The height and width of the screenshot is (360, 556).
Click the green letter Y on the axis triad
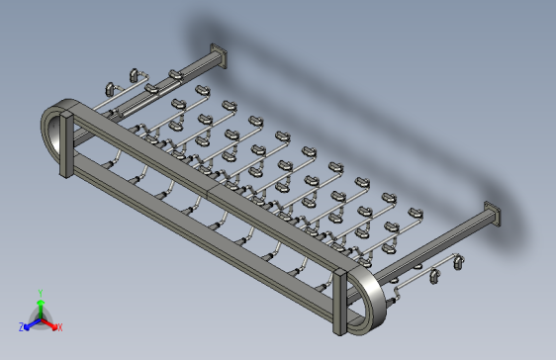click(x=41, y=293)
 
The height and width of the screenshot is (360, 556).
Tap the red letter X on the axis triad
click(x=60, y=327)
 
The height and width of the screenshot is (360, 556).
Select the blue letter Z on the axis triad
click(x=22, y=327)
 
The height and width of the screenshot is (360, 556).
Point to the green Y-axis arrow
click(x=41, y=309)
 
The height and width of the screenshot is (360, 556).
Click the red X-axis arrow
click(x=48, y=323)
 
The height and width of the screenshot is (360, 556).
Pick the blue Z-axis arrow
click(x=33, y=323)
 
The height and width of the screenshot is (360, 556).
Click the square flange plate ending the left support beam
click(x=219, y=55)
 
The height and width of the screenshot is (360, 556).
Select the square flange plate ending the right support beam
click(x=493, y=214)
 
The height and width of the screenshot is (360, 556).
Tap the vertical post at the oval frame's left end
click(x=66, y=144)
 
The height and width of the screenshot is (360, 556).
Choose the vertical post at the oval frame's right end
click(x=339, y=302)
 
